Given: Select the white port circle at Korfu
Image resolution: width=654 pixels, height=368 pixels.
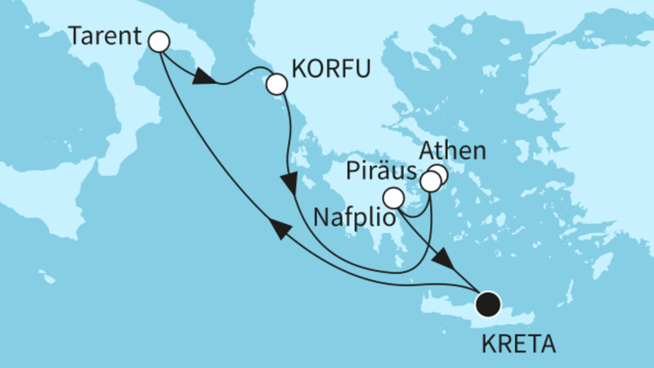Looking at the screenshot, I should tap(276, 83).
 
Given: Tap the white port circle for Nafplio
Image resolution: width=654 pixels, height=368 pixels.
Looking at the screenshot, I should tap(394, 197).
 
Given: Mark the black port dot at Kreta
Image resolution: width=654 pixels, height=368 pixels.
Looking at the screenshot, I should tap(488, 303).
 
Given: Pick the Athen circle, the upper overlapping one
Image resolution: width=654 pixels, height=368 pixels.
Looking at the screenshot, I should tap(439, 174).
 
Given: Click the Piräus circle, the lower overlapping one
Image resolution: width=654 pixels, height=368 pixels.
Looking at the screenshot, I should tap(430, 182).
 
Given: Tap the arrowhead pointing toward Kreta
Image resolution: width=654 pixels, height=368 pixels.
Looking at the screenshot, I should tap(444, 263).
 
